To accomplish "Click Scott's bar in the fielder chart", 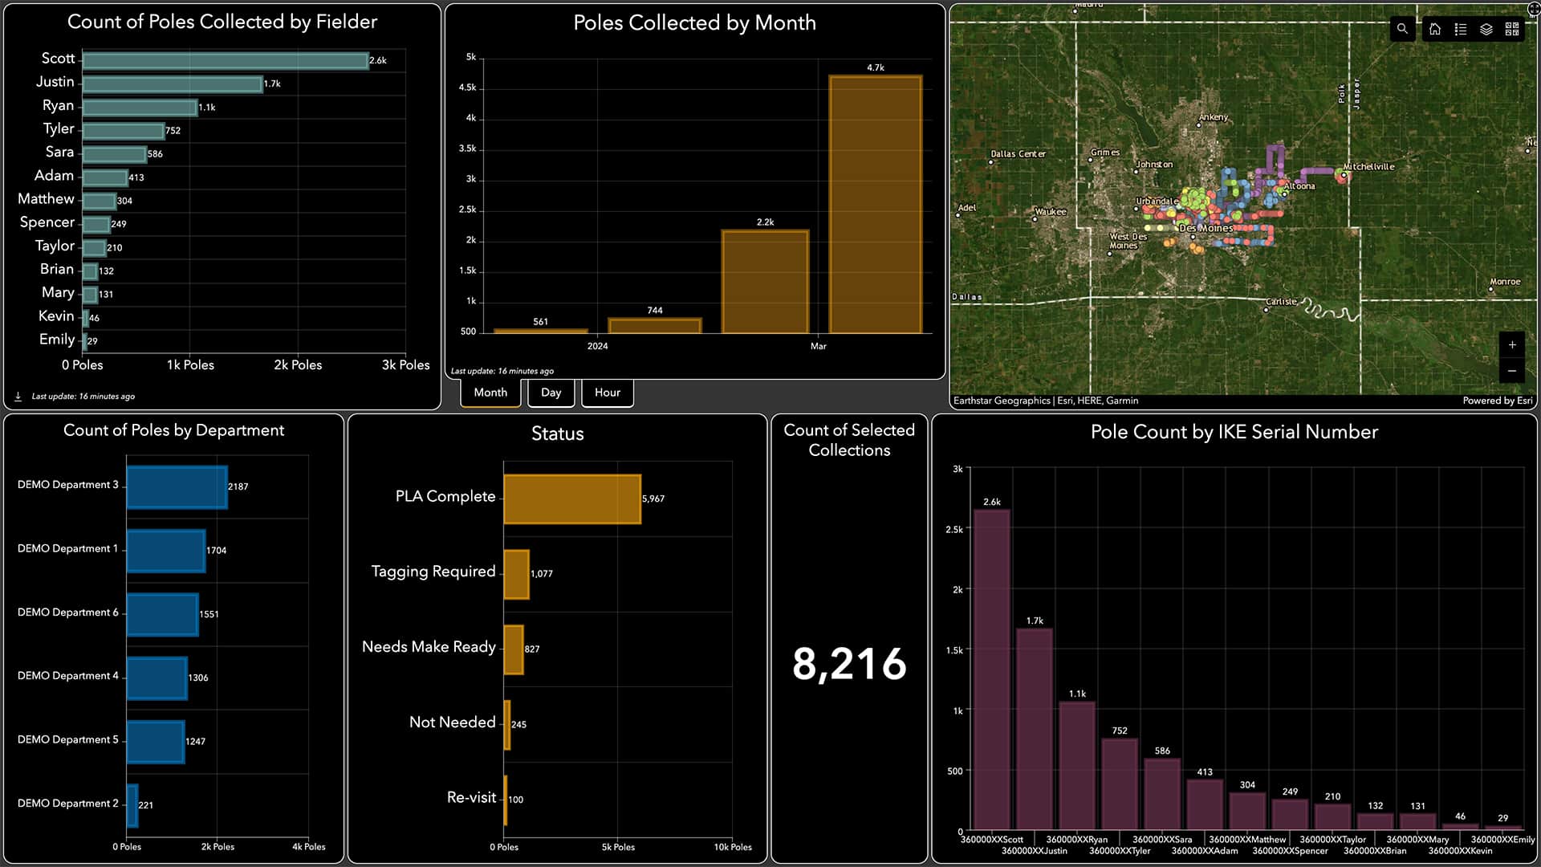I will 225,61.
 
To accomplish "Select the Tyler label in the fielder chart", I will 59,129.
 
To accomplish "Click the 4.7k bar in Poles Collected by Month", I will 875,204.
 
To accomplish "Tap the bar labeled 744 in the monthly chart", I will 654,325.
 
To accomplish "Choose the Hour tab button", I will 607,393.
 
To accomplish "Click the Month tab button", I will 490,393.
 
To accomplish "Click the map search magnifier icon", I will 1402,29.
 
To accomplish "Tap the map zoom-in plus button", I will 1512,345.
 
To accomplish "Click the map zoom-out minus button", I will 1512,371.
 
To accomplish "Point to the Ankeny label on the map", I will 1213,117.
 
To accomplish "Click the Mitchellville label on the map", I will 1369,167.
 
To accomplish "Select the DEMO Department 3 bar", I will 177,486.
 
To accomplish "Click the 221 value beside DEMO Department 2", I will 145,805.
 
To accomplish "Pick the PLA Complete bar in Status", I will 571,499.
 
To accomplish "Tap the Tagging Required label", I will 433,572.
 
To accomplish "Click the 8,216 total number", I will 849,665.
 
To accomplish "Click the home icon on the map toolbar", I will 1435,29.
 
